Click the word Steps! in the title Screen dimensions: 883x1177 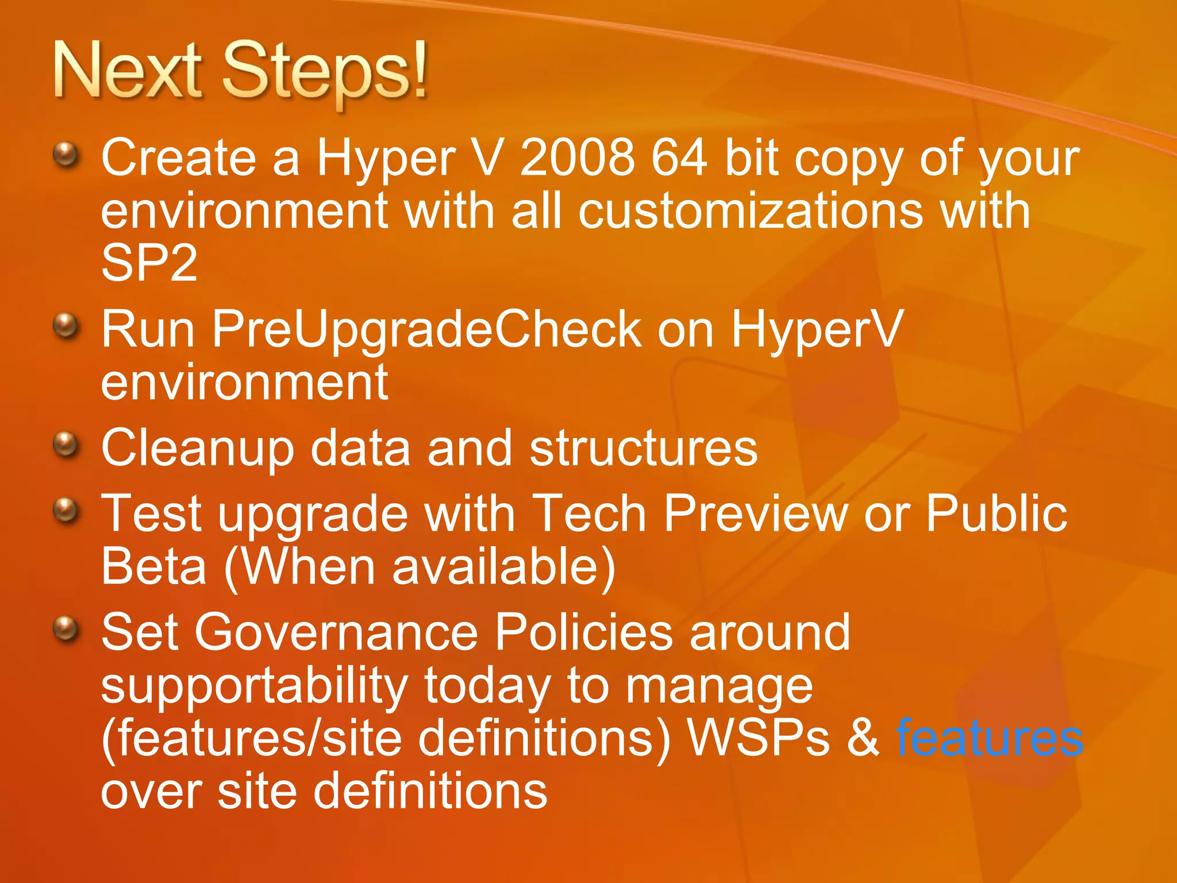pos(325,72)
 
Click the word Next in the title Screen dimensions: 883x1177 pos(128,72)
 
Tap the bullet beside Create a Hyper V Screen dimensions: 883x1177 pos(66,154)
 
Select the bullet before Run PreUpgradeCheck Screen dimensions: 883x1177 pos(66,326)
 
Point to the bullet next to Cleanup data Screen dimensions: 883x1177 pos(66,444)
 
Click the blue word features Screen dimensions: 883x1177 pos(989,738)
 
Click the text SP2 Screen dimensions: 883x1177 pos(149,263)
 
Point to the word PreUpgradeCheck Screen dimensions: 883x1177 pos(427,329)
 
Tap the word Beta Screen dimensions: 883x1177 pos(153,566)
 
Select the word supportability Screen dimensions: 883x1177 pos(254,685)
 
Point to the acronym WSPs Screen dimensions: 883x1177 pos(759,738)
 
